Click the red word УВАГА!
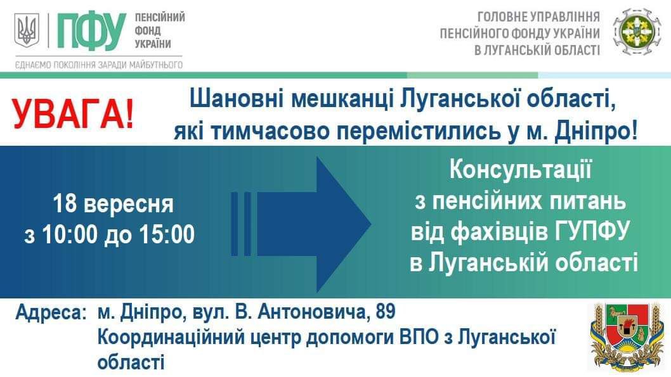[x=73, y=114]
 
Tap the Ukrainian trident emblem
[x=27, y=30]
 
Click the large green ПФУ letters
[x=91, y=31]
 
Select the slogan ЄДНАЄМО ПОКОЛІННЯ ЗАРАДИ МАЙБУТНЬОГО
[x=99, y=65]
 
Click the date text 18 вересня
[x=113, y=204]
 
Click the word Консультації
[x=520, y=169]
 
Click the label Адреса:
[x=51, y=312]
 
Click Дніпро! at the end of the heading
[x=596, y=131]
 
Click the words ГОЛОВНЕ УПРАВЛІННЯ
[x=538, y=16]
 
